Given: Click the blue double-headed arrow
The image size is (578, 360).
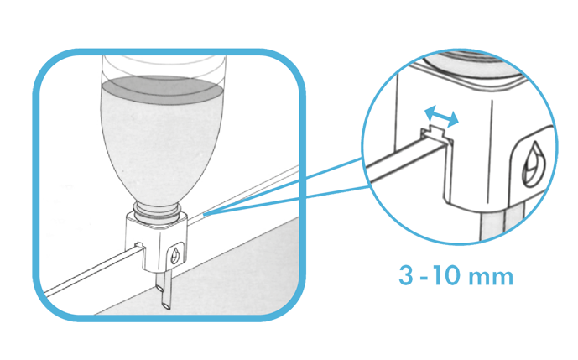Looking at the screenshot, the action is [x=441, y=116].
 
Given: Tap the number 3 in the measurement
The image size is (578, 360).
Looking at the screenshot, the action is [x=406, y=275].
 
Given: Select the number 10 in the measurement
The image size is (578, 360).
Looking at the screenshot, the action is [x=446, y=275].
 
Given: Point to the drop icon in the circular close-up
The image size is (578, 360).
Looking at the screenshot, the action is [x=532, y=164].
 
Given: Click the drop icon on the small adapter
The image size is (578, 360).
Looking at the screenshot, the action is [x=175, y=256].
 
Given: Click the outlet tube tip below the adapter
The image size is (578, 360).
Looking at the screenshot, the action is [x=166, y=305].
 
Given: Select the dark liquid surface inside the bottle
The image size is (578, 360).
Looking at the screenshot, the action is [x=161, y=90].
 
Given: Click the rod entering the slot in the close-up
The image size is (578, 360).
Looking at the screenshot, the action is [x=405, y=162].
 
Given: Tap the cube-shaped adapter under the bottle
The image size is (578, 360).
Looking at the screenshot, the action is [x=156, y=243].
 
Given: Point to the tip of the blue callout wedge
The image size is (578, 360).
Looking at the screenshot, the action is [x=204, y=213].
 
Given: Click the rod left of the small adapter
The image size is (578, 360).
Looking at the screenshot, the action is [x=92, y=270].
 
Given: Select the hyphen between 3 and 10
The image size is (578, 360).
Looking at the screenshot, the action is [x=423, y=277].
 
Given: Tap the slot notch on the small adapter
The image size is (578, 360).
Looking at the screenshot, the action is [x=139, y=244].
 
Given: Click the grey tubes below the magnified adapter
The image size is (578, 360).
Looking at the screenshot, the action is [x=502, y=226].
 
